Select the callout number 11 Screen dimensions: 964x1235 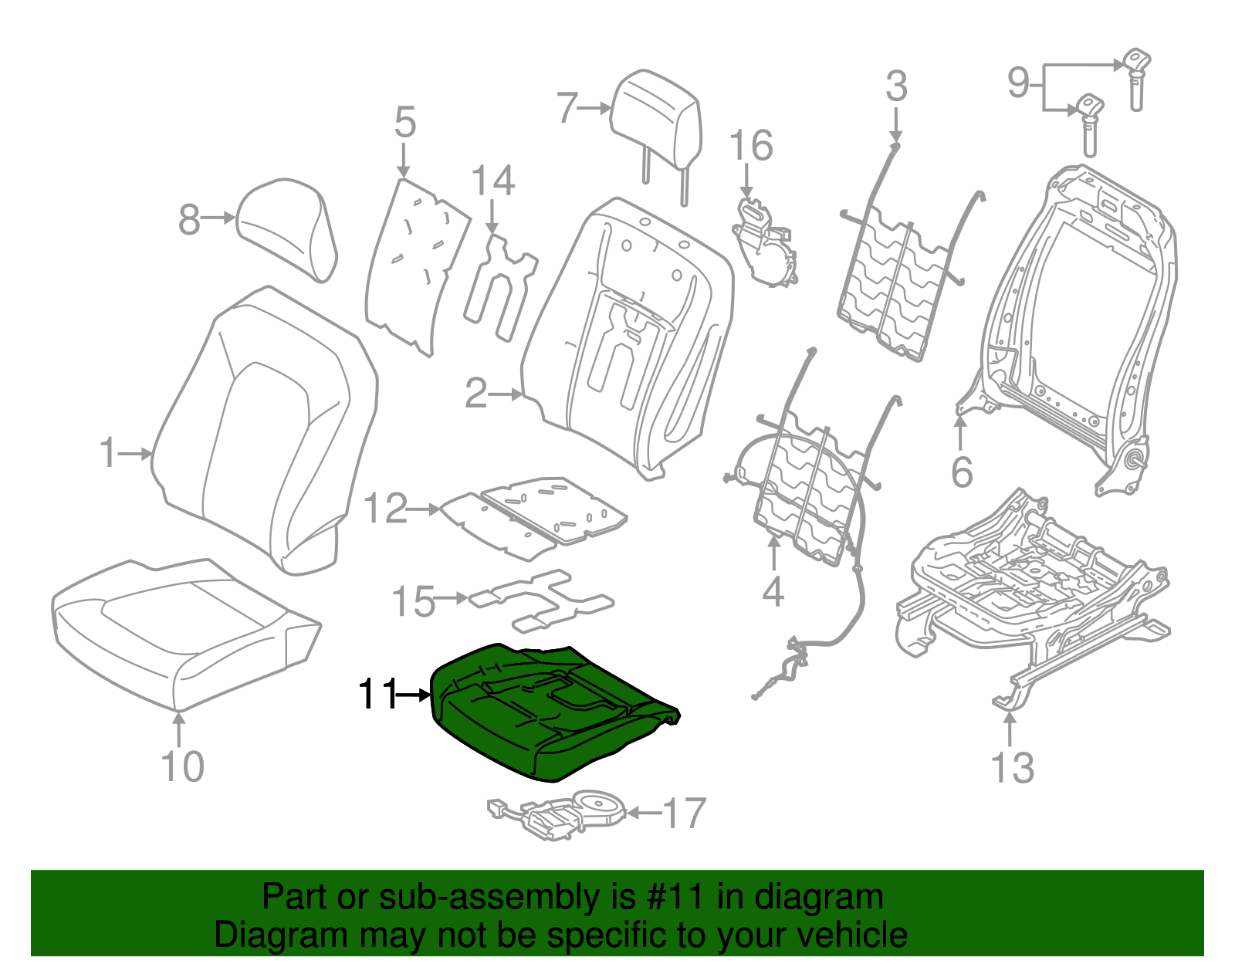(x=377, y=695)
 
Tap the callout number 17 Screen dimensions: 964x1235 (x=684, y=813)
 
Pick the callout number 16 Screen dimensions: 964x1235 (x=750, y=146)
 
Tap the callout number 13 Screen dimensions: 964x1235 (x=1011, y=768)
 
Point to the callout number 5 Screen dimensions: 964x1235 (x=404, y=123)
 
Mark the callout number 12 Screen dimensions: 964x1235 (x=384, y=509)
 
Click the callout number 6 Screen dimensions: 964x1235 (x=962, y=472)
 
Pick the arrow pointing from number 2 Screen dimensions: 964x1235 (x=507, y=394)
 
